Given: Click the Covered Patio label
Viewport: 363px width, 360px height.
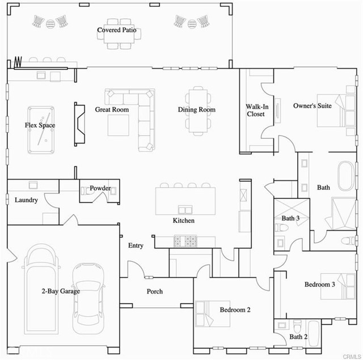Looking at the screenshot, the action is (x=117, y=30).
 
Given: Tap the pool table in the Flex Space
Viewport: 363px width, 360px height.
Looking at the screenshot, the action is (x=41, y=130).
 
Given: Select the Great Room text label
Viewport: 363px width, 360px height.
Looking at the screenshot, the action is (x=112, y=109).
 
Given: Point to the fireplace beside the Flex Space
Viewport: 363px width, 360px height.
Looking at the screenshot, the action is (x=79, y=124).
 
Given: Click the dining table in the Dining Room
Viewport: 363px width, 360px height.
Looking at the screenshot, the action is (x=198, y=111).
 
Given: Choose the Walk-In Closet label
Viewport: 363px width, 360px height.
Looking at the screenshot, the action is (x=257, y=110).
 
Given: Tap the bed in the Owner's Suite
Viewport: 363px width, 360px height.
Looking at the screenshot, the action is (x=336, y=111).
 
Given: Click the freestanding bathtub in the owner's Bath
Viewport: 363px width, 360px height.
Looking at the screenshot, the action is (x=346, y=176).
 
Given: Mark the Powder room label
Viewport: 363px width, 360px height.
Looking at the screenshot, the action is (x=100, y=188).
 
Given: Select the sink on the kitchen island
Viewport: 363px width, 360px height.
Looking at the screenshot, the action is (x=185, y=210).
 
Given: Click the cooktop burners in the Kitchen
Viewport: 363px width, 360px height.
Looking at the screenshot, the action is (x=185, y=242).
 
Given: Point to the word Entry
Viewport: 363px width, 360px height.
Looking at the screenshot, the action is (x=136, y=245).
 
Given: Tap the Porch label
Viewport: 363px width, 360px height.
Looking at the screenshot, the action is (x=155, y=291).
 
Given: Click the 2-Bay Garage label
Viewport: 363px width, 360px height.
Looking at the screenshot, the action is (x=61, y=291).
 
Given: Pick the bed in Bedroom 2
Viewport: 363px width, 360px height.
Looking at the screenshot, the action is (x=213, y=314).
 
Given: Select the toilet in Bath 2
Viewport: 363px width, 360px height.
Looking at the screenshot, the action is (x=297, y=326).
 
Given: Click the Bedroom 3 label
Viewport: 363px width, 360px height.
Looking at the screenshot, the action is (x=319, y=285).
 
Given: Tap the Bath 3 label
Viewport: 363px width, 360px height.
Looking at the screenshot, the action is (x=290, y=218).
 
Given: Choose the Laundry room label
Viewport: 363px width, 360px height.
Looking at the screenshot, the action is (x=26, y=200).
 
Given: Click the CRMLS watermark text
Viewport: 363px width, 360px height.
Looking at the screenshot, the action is (x=352, y=357).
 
